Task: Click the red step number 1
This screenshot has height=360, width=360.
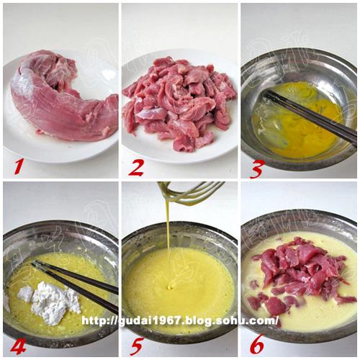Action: tap(19, 166)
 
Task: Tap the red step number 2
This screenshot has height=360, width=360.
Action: tap(136, 168)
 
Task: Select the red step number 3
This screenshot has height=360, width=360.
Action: tap(256, 169)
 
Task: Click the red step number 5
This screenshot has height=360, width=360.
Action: tap(136, 346)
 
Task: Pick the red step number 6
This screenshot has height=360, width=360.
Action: tap(257, 344)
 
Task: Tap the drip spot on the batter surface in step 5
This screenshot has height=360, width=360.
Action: tap(171, 286)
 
